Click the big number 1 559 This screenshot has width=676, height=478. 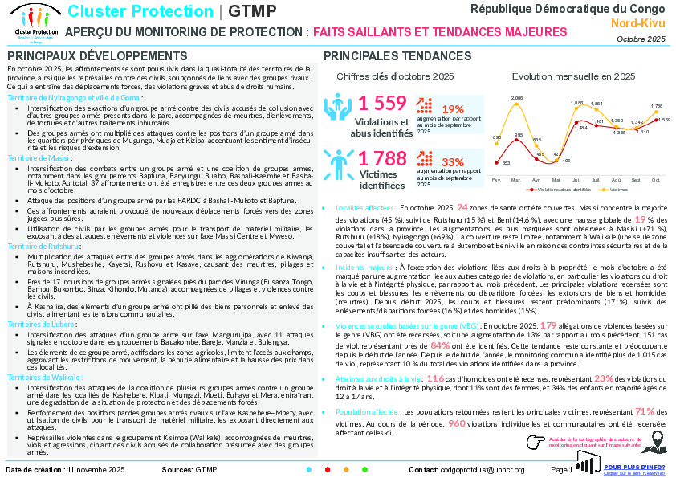click(382, 103)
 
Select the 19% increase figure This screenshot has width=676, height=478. click(453, 109)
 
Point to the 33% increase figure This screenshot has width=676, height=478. click(453, 162)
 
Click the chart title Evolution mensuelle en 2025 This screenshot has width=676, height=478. click(573, 76)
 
